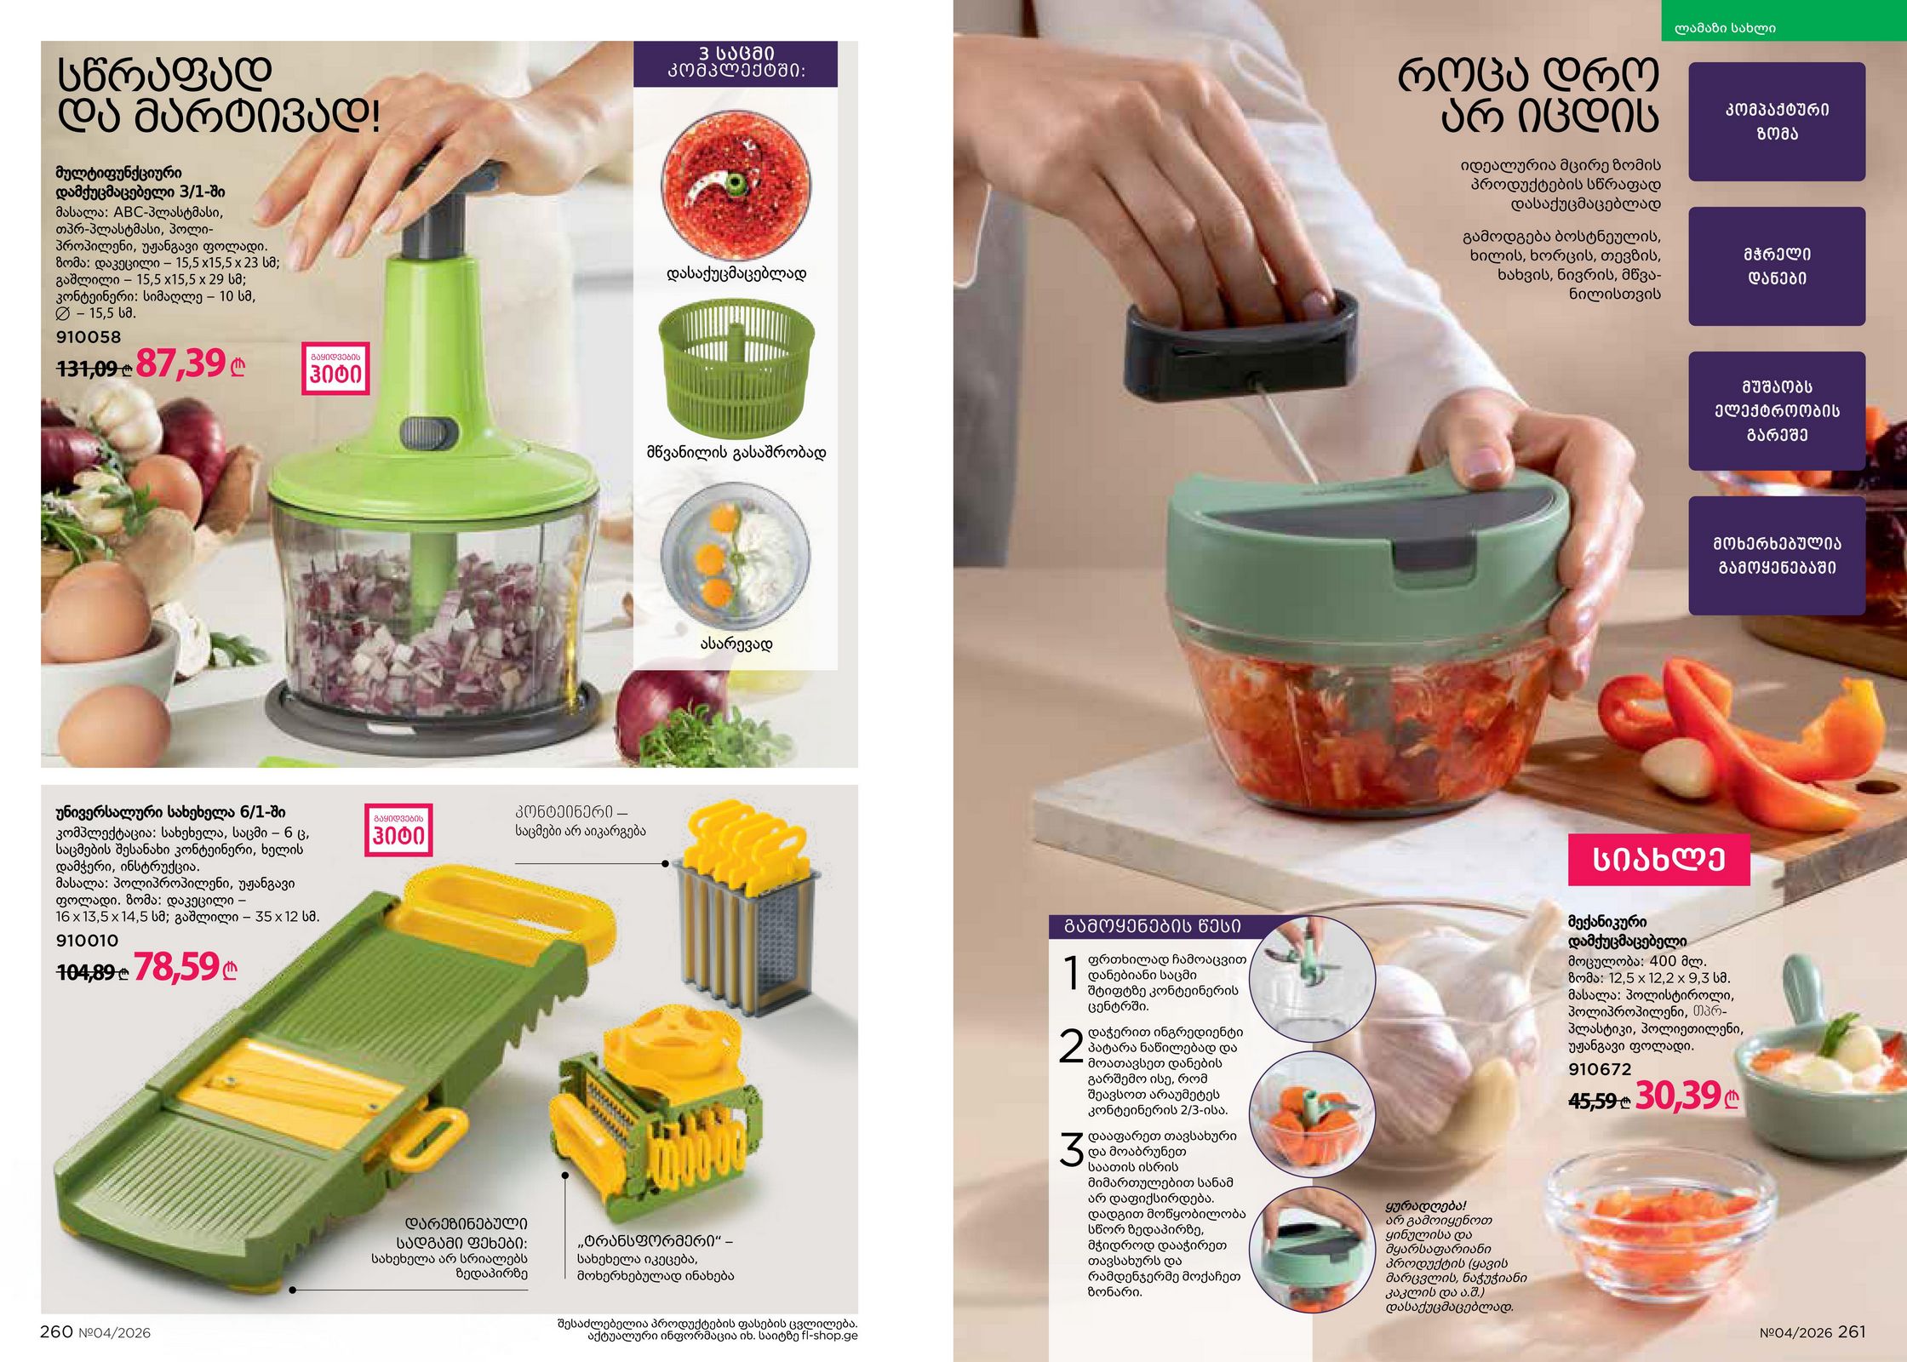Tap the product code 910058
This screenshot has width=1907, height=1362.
coord(89,337)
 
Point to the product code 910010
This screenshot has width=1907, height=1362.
coord(87,941)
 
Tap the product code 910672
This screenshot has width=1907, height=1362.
coord(1600,1069)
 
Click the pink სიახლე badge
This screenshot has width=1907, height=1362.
coord(1659,860)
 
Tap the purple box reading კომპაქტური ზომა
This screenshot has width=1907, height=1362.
coord(1777,121)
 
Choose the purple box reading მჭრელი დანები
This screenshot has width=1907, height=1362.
coord(1777,266)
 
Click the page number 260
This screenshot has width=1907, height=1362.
coord(56,1331)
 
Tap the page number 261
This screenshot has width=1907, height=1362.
coord(1852,1331)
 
